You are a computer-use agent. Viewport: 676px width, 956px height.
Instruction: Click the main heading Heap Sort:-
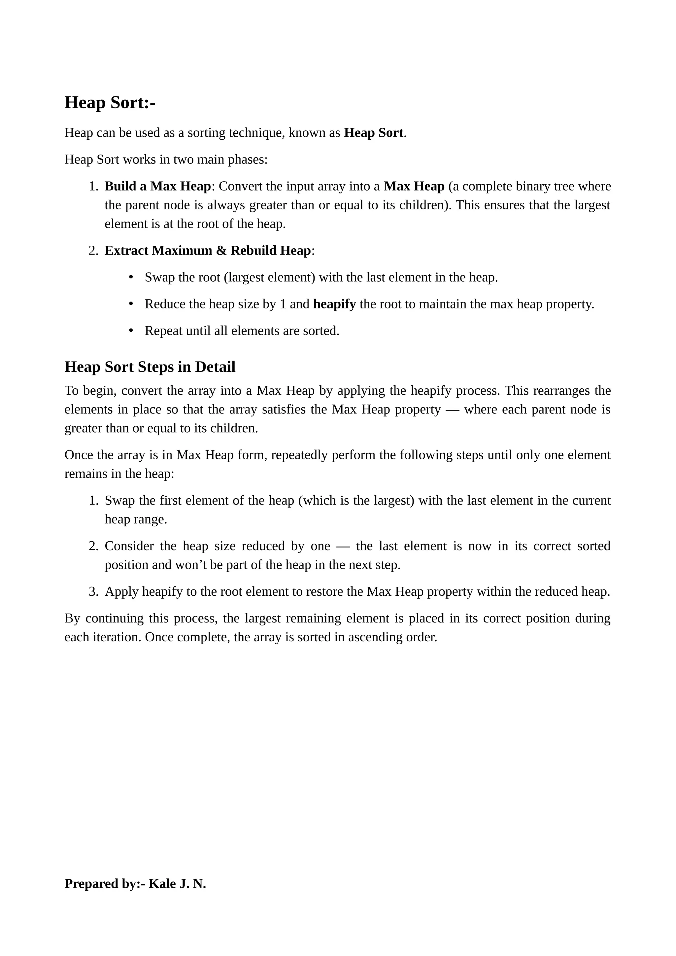coord(110,102)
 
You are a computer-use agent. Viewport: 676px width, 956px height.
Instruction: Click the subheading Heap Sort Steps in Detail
coord(150,367)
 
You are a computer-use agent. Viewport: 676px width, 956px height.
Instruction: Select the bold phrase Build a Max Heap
coord(157,186)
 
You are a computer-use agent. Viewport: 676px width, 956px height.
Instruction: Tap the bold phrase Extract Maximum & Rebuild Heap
coord(207,250)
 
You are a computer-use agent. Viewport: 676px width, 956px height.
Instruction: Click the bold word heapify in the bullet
coord(334,304)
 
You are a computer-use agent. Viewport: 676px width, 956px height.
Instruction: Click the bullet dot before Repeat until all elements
coord(131,331)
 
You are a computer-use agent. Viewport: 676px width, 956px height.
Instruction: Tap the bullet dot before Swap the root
coord(131,277)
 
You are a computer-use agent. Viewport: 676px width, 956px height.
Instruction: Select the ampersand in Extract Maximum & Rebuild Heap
coord(221,250)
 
